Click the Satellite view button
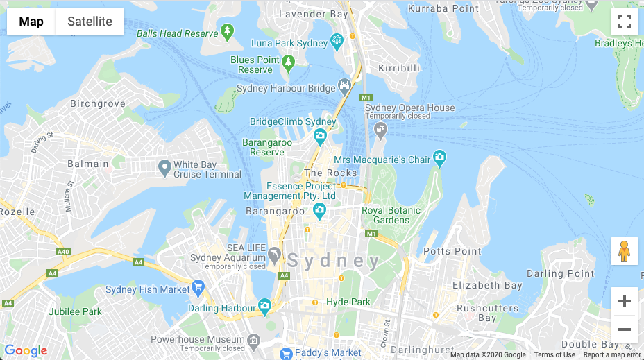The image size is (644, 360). [90, 22]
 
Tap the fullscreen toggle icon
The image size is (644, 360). [624, 22]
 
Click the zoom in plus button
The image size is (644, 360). [624, 301]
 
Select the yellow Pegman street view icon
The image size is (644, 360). [624, 250]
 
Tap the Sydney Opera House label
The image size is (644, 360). [409, 108]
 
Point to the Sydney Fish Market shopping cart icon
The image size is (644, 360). [198, 286]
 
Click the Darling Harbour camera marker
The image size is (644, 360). [264, 305]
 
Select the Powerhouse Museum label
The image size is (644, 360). [198, 340]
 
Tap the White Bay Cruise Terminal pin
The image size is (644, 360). [164, 167]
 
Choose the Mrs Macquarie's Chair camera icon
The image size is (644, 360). [439, 158]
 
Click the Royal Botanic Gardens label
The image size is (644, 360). [391, 215]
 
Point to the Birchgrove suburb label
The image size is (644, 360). [98, 104]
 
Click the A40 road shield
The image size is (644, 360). [64, 251]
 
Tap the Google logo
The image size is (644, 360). [26, 351]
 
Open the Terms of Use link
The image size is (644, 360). [554, 355]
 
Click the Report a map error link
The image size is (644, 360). [612, 355]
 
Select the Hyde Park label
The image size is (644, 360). [348, 302]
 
